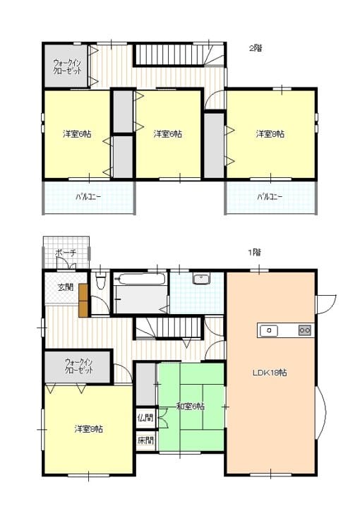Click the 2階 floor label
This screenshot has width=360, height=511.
[256, 48]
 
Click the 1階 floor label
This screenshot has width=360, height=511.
[254, 252]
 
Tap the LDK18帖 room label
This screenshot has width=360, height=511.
[270, 373]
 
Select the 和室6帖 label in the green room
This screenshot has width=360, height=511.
[191, 407]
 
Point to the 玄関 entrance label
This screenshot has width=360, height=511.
[66, 287]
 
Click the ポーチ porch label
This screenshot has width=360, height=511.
[66, 253]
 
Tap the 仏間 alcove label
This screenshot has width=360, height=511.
[145, 417]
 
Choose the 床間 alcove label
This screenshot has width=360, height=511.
[145, 440]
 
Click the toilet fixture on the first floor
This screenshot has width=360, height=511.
[100, 281]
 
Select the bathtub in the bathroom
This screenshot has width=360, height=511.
[140, 279]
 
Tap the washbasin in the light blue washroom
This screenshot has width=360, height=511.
[201, 279]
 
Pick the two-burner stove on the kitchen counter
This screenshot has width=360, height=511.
[305, 330]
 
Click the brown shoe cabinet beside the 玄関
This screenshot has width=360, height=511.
[83, 300]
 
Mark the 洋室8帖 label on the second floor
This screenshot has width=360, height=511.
[270, 134]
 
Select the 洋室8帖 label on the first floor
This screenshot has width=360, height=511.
[89, 429]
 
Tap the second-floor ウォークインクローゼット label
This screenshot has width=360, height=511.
[67, 66]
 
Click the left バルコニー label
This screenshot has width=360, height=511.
[88, 197]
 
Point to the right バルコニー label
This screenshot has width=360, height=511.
[270, 197]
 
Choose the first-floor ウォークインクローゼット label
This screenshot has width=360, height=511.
[79, 366]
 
